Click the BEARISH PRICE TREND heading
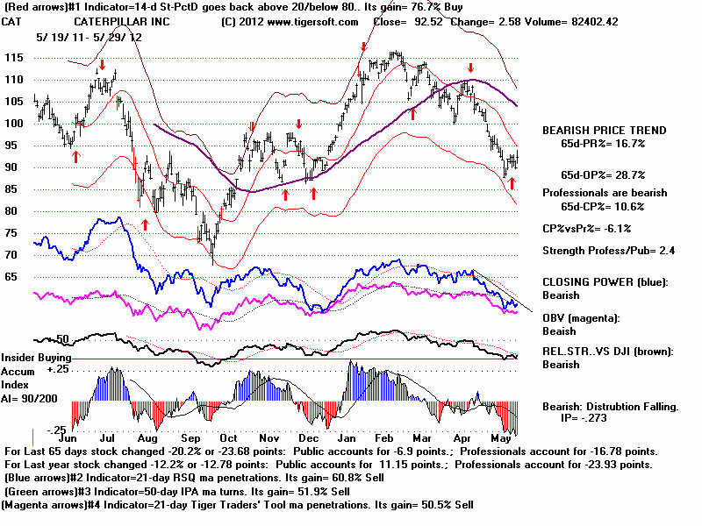[x=604, y=131]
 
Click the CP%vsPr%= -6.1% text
[x=586, y=229]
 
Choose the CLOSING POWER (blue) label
[x=605, y=282]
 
